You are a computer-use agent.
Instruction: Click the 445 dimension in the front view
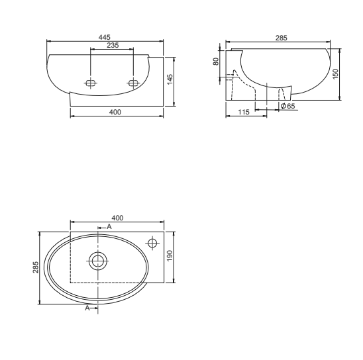click(104, 37)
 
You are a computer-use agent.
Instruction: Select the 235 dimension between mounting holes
click(113, 46)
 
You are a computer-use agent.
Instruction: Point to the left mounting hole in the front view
click(91, 83)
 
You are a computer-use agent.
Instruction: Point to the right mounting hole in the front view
click(133, 83)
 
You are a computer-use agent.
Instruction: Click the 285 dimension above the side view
click(282, 38)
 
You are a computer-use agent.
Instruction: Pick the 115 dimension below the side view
click(242, 113)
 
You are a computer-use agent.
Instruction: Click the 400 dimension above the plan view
click(118, 218)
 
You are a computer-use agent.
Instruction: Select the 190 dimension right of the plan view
click(170, 255)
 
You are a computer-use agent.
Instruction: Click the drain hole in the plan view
click(98, 260)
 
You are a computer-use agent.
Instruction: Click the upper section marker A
click(109, 226)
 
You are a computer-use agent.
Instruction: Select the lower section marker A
click(87, 308)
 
